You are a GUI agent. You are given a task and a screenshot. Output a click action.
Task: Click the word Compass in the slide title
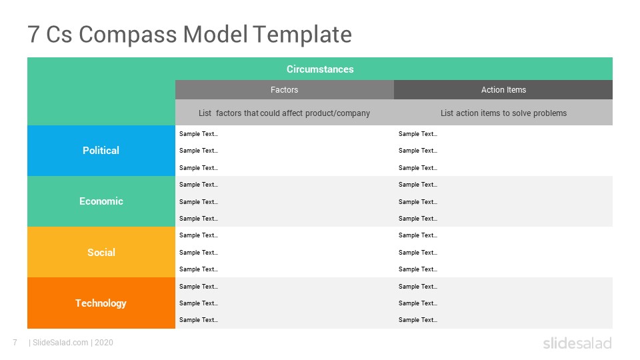128,35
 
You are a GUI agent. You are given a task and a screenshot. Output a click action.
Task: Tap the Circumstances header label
320,69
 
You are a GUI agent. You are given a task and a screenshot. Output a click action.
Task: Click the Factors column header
284,90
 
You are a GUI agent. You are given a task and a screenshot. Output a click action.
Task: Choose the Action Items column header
503,90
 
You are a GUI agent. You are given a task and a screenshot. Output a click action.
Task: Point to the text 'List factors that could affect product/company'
284,113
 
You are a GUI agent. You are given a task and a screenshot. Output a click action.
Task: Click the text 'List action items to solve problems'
503,113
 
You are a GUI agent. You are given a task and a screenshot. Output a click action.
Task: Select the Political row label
101,150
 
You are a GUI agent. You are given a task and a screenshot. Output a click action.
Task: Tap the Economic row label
101,201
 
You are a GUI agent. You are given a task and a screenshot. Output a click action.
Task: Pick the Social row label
101,252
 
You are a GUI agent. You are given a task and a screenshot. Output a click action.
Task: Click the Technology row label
101,303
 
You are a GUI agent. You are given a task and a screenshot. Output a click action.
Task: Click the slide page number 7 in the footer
15,343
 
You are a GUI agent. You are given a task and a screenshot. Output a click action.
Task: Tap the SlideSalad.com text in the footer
61,343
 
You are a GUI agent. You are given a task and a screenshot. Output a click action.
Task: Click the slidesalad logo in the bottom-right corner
577,343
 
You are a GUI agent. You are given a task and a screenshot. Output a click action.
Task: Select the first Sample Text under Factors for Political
199,134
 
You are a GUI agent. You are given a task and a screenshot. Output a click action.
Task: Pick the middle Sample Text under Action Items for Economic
417,201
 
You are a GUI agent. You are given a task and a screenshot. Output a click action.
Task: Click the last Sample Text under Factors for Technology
199,320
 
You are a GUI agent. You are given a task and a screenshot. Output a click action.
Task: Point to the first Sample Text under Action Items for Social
417,235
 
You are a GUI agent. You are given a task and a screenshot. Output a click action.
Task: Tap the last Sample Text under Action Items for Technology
417,320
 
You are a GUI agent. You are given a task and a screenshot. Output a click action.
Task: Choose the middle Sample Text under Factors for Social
199,253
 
